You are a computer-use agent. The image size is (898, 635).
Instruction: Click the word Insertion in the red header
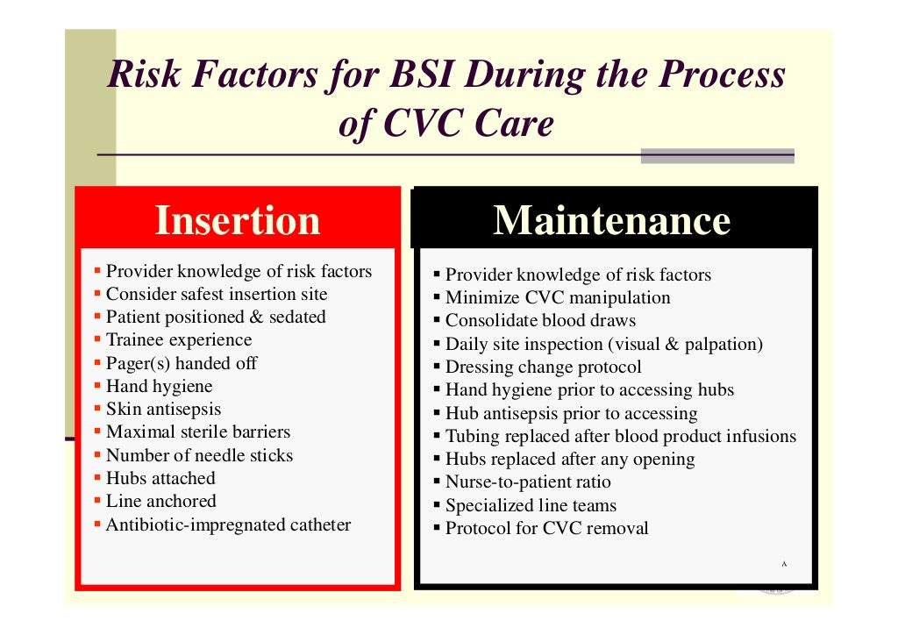237,220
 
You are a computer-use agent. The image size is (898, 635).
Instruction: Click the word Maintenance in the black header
611,220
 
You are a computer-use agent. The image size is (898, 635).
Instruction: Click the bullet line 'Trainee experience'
179,340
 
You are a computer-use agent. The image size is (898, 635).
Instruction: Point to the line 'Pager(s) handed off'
182,363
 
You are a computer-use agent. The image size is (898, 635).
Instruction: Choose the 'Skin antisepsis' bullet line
164,409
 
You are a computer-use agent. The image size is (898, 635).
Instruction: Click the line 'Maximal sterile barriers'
198,432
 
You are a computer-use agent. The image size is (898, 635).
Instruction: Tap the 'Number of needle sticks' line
199,455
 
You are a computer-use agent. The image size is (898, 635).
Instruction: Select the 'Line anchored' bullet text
160,501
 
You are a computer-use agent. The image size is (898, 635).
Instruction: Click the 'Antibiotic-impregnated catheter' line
228,525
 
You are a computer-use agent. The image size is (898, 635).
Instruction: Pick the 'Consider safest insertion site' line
217,294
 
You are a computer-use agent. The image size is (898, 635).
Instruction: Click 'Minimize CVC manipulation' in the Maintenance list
558,298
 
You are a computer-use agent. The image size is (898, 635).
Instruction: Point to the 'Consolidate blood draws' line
540,321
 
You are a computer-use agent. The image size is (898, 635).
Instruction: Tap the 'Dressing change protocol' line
544,367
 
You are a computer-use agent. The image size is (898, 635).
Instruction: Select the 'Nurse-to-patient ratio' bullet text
528,482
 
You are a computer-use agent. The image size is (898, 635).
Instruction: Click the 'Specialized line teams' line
531,506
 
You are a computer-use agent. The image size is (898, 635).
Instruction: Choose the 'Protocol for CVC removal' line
547,529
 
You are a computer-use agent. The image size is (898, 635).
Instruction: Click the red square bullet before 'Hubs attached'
99,478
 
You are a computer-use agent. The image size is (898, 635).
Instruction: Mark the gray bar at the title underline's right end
716,156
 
